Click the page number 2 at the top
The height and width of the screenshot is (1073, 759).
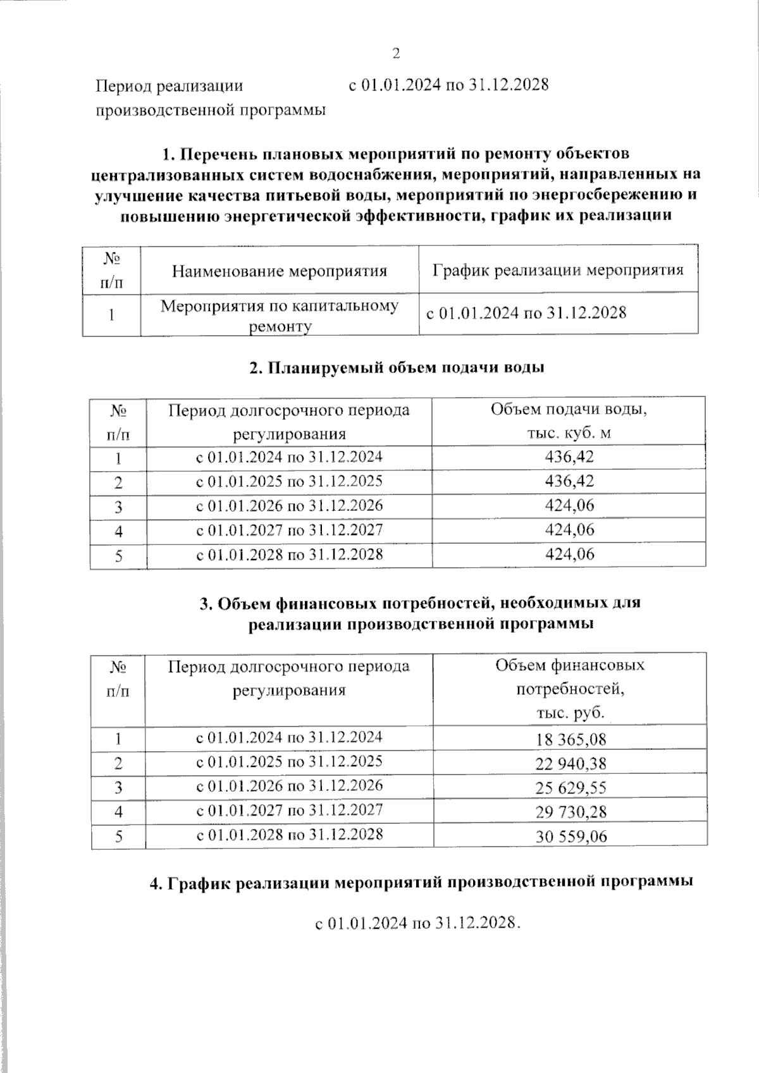(397, 53)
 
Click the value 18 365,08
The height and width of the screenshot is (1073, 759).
(571, 739)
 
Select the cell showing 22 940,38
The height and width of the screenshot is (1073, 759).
(571, 764)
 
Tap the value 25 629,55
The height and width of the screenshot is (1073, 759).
(571, 788)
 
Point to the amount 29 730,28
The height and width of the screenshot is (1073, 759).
(571, 812)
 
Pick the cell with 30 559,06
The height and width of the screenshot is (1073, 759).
(571, 837)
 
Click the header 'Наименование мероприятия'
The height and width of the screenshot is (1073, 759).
(279, 271)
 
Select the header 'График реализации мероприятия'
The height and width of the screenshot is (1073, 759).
(558, 271)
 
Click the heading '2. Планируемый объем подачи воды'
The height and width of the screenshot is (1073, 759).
(397, 367)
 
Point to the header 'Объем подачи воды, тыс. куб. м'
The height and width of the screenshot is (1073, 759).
(569, 421)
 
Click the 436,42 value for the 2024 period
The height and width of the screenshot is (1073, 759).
(569, 457)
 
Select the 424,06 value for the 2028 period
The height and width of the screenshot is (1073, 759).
(569, 555)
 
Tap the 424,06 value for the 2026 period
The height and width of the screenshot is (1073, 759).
(569, 506)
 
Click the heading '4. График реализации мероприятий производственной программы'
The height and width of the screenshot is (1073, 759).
(421, 883)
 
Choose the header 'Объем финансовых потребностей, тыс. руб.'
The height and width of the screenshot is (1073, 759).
(570, 689)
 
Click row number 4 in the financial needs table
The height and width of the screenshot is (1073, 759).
(118, 812)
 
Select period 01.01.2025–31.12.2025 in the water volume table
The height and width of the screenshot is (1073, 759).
(289, 481)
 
